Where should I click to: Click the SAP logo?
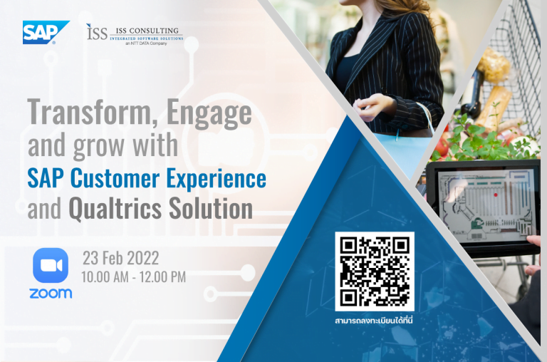46,33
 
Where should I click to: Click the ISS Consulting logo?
135,34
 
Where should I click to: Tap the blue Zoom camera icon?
51,265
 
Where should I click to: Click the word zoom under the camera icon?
51,293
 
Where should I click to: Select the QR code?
375,271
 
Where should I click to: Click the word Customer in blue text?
115,178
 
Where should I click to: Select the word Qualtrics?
115,209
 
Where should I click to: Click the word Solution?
211,208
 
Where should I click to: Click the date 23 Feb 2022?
120,259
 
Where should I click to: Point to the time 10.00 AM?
105,277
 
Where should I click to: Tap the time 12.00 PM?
163,277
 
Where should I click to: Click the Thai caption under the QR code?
374,321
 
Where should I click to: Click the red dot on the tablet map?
496,195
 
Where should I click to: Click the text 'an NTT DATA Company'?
147,43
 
